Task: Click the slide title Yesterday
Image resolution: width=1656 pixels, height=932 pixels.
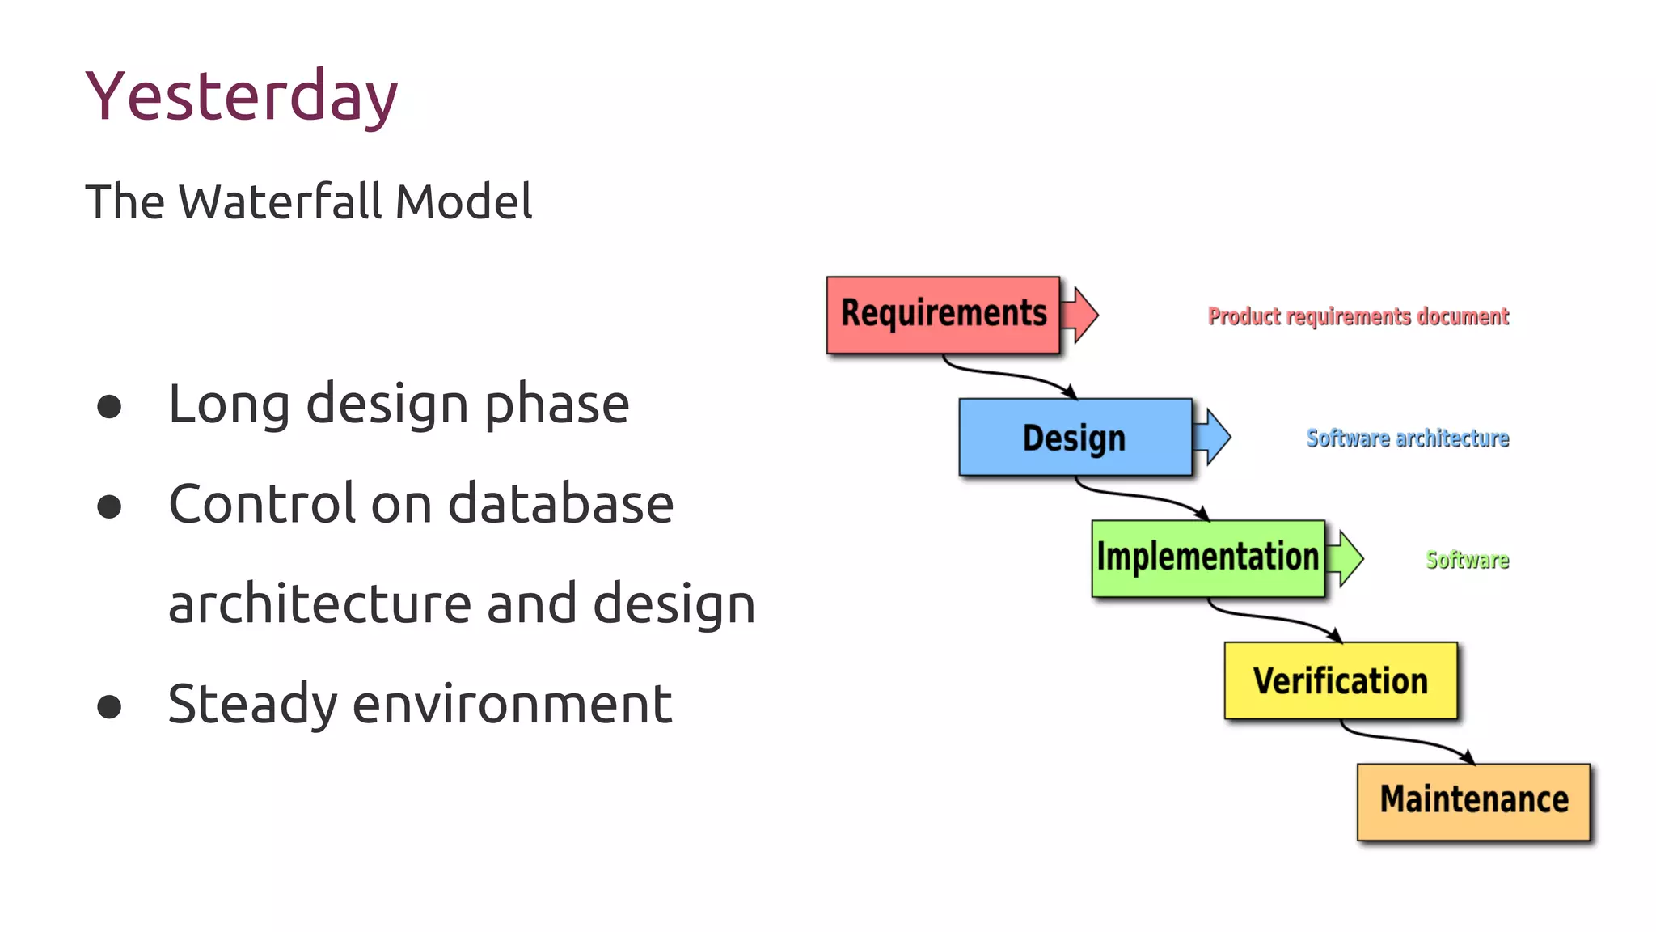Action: pos(241,97)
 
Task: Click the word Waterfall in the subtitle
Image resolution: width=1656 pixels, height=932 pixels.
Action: pos(281,201)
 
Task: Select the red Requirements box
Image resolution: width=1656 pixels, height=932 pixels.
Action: pos(943,315)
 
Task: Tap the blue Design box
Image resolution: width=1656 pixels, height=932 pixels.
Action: pos(1075,437)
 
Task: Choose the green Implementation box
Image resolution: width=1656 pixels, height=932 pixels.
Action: pos(1207,558)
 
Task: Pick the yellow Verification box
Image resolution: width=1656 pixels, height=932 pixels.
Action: pos(1340,680)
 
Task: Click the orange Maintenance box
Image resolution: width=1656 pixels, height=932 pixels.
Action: pos(1473,801)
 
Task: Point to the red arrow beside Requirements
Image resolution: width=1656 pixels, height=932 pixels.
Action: pos(1081,314)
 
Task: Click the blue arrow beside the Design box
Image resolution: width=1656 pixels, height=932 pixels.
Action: pos(1213,437)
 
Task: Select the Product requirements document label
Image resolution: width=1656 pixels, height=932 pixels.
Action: pos(1358,316)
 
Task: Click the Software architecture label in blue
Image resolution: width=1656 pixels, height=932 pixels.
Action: pos(1407,438)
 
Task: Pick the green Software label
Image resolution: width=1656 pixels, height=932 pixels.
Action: pos(1467,560)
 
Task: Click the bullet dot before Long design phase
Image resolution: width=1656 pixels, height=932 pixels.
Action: pos(109,406)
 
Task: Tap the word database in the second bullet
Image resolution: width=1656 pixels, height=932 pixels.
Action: pos(560,504)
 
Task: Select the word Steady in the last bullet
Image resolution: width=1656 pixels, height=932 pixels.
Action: pos(252,704)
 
